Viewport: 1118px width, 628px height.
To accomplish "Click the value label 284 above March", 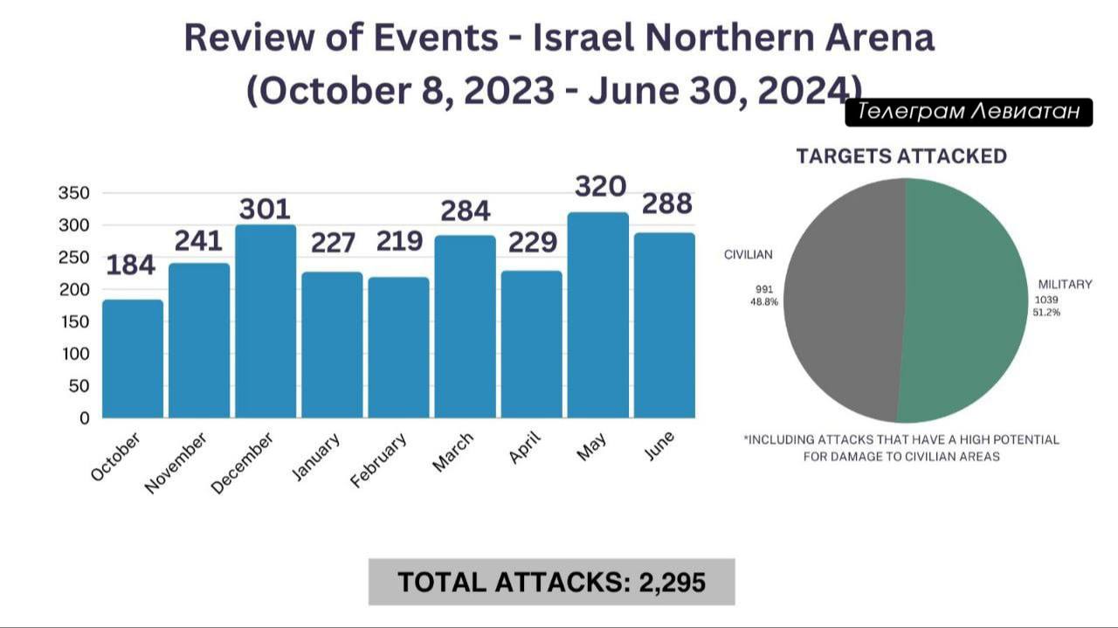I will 465,211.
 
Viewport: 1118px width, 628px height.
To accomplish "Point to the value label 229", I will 531,242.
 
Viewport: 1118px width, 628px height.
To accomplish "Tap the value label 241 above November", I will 199,240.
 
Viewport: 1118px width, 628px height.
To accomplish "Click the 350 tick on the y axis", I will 73,193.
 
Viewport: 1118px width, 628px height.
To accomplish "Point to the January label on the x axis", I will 316,456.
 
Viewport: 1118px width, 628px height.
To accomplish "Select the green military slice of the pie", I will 965,301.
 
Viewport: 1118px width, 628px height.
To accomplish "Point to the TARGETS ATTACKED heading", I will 901,156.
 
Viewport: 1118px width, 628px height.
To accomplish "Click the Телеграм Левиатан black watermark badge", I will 969,112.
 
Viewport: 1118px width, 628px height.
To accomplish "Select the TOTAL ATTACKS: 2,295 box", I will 551,582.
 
